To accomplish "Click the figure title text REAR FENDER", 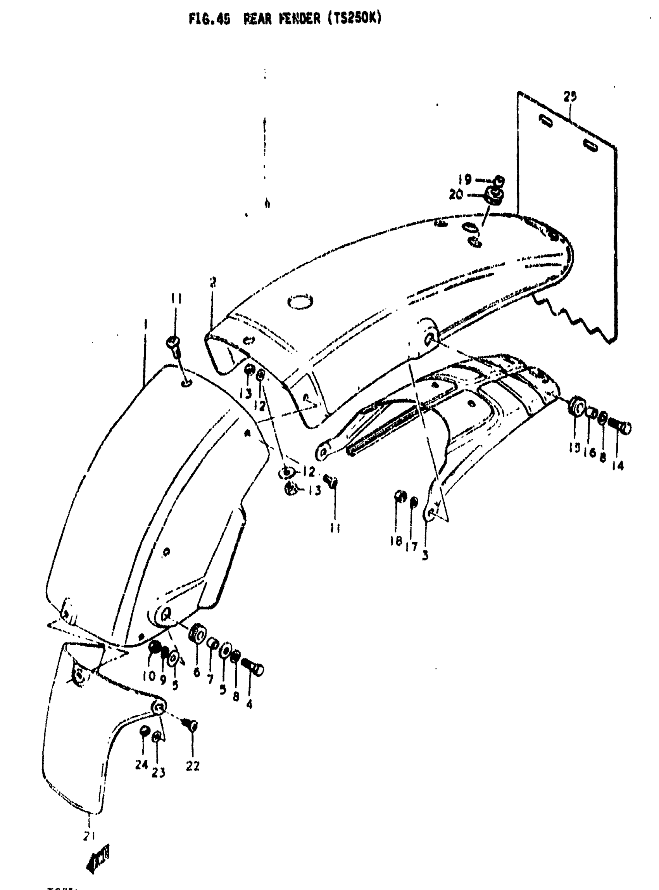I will pos(282,19).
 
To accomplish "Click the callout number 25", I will pos(569,97).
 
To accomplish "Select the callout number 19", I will pos(464,180).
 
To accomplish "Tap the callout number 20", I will pos(456,195).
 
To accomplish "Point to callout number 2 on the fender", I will pos(213,283).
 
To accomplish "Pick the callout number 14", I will pos(618,465).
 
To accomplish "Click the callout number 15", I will pos(574,448).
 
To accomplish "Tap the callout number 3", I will pos(425,556).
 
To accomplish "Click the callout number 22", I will pos(192,766).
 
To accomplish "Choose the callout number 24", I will pos(141,765).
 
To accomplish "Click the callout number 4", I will pos(249,704).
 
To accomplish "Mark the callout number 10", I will pos(148,676).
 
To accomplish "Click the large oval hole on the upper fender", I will pos(300,302).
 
